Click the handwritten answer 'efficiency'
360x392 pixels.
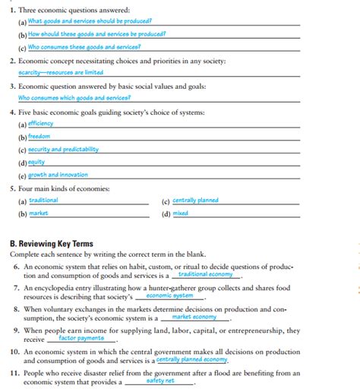pos(41,123)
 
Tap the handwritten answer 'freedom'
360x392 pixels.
pos(39,136)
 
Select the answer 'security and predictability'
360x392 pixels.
pos(64,149)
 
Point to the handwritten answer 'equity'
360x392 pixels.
pos(36,162)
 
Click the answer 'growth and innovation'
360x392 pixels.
pos(58,175)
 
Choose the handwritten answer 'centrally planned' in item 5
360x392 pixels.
pos(196,201)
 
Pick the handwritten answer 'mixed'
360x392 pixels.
pos(180,213)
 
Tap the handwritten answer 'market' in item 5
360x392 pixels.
pos(39,213)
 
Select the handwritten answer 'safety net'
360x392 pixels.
pos(160,381)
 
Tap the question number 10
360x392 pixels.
pos(14,352)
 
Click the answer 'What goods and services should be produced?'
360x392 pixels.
pos(90,21)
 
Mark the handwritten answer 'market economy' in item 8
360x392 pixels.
pos(194,317)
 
